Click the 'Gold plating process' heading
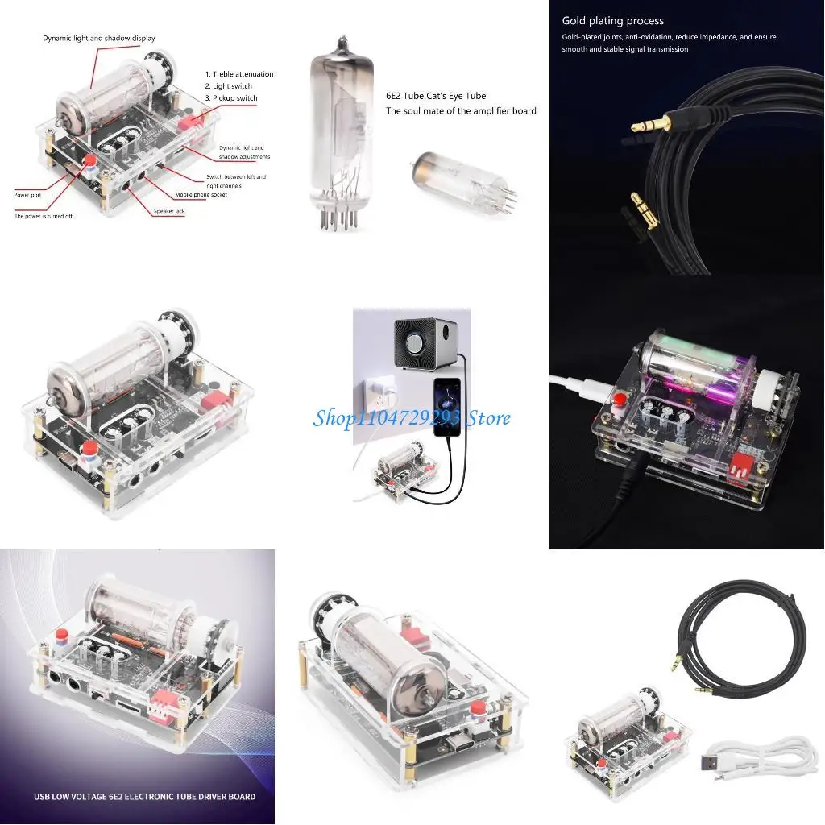pyautogui.click(x=612, y=21)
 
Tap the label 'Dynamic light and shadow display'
pyautogui.click(x=99, y=38)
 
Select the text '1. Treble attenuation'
pyautogui.click(x=239, y=74)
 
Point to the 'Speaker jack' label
pyautogui.click(x=169, y=211)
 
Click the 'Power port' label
pyautogui.click(x=27, y=195)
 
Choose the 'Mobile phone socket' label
pyautogui.click(x=201, y=195)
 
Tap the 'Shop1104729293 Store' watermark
pyautogui.click(x=411, y=418)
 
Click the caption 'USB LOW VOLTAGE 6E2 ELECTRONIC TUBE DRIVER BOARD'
pyautogui.click(x=144, y=797)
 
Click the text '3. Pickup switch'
pyautogui.click(x=231, y=98)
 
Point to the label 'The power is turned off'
pyautogui.click(x=44, y=216)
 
